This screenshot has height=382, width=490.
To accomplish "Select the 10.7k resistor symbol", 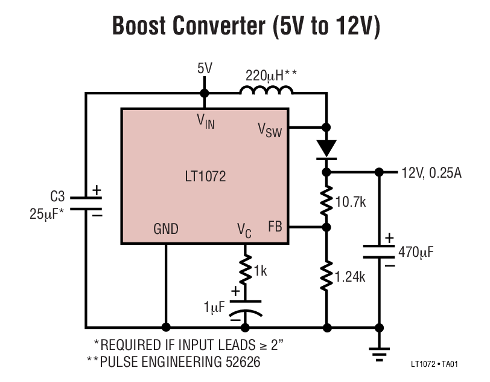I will point(326,200).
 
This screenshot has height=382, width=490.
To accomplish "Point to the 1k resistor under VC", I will point(245,270).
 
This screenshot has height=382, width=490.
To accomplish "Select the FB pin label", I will point(275,228).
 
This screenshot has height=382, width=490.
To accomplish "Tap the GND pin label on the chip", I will point(166,228).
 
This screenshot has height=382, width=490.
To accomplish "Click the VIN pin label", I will point(206,120).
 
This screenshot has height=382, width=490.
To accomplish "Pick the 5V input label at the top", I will point(205,68).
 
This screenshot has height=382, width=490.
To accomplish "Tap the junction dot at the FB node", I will point(326,228).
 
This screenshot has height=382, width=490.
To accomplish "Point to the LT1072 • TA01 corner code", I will point(435,365).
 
